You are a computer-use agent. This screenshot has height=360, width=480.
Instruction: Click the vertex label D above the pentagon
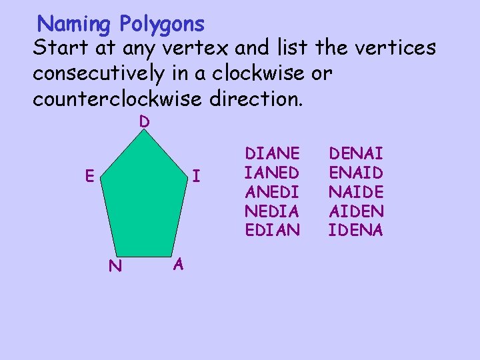[x=144, y=122]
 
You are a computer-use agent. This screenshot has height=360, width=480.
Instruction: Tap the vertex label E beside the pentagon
[x=88, y=176]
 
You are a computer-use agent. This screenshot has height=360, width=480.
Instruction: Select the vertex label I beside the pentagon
[x=196, y=177]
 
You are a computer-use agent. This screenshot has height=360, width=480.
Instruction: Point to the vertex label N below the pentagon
[x=115, y=267]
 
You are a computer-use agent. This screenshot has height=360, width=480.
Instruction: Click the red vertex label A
[x=177, y=265]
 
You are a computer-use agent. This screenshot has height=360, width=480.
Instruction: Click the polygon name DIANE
[x=272, y=153]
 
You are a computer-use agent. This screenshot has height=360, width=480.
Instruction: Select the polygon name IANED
[x=272, y=173]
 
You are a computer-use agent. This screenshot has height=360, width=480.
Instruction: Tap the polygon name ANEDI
[x=272, y=192]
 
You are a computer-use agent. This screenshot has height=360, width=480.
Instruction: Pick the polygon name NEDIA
[x=272, y=211]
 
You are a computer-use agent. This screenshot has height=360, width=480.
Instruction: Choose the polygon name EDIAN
[x=272, y=231]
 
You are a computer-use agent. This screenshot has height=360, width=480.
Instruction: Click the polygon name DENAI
[x=356, y=153]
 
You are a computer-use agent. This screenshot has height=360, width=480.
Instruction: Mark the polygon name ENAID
[x=356, y=173]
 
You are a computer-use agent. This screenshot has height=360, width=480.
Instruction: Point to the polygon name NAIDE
[x=356, y=192]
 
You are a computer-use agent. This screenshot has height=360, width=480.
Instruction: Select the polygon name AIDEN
[x=356, y=211]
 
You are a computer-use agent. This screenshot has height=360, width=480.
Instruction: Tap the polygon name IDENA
[x=356, y=231]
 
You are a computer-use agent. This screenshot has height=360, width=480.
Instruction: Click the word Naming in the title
[x=75, y=25]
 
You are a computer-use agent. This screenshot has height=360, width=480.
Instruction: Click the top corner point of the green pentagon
[x=144, y=131]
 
